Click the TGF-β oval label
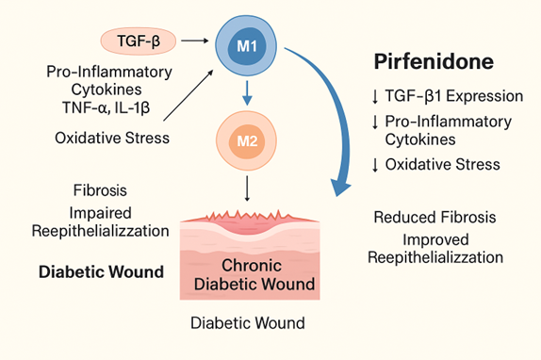139,41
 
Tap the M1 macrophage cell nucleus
247,46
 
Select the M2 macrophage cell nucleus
247,141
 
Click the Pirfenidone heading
434,61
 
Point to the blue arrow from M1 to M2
247,93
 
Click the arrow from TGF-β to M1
195,41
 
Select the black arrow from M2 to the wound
247,188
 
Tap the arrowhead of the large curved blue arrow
340,188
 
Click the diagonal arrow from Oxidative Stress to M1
189,95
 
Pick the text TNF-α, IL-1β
107,107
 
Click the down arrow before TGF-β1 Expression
375,96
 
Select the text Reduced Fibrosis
434,218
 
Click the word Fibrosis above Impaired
100,190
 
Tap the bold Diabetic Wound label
101,271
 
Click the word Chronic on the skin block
252,266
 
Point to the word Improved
435,240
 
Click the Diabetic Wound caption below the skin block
248,323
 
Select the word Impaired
101,213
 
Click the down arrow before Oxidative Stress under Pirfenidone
375,165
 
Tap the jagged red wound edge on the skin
248,216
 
